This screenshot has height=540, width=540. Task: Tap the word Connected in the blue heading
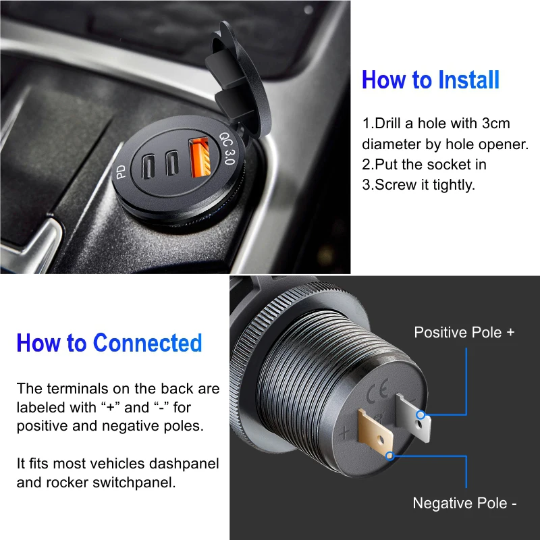[147, 343]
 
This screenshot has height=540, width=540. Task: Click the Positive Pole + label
[464, 332]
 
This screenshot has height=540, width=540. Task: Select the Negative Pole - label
[465, 503]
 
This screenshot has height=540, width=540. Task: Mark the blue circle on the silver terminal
[421, 414]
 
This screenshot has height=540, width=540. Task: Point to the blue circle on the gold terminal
[389, 456]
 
